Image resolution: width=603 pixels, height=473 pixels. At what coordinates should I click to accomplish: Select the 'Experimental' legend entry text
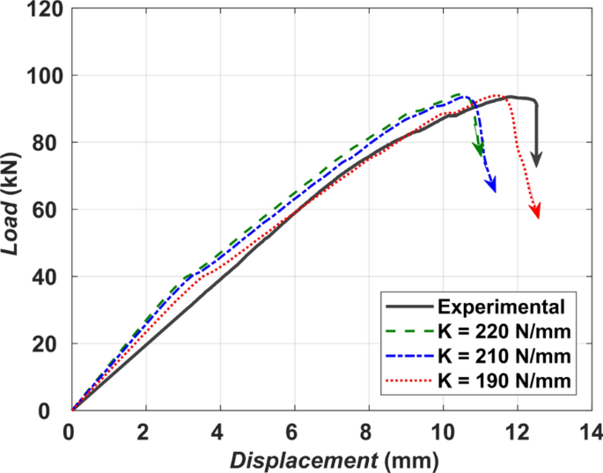click(500, 307)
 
